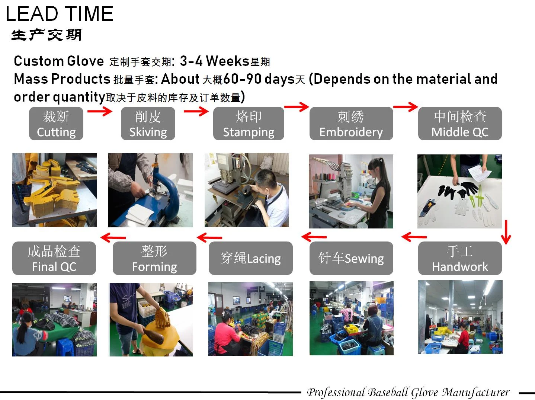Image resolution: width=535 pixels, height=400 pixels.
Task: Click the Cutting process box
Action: click(x=56, y=123)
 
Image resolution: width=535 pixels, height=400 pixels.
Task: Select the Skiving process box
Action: click(x=148, y=123)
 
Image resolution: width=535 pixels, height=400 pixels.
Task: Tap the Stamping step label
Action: click(x=249, y=123)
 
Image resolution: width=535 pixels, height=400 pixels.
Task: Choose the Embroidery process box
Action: click(x=351, y=123)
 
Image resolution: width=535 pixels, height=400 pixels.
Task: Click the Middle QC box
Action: click(x=460, y=123)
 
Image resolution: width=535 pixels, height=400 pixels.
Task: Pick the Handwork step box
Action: click(x=460, y=258)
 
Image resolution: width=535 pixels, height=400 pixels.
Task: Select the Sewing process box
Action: click(x=351, y=258)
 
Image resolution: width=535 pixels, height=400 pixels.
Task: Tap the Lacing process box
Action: click(x=250, y=258)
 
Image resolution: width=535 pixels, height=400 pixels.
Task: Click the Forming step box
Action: click(x=154, y=258)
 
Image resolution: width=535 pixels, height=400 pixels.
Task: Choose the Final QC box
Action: click(x=54, y=258)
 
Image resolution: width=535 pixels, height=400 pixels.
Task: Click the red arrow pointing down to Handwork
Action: click(x=506, y=232)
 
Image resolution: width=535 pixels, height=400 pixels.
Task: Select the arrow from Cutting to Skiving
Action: click(x=100, y=111)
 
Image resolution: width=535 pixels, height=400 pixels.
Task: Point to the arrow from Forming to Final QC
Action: click(x=113, y=237)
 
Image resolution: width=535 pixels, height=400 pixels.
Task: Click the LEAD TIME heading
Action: click(x=60, y=14)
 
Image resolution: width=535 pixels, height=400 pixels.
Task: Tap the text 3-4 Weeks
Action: click(x=215, y=61)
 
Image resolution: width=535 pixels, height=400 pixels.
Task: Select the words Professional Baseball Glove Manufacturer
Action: click(x=408, y=392)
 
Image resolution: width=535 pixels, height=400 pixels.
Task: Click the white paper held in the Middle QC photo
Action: click(x=479, y=173)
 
